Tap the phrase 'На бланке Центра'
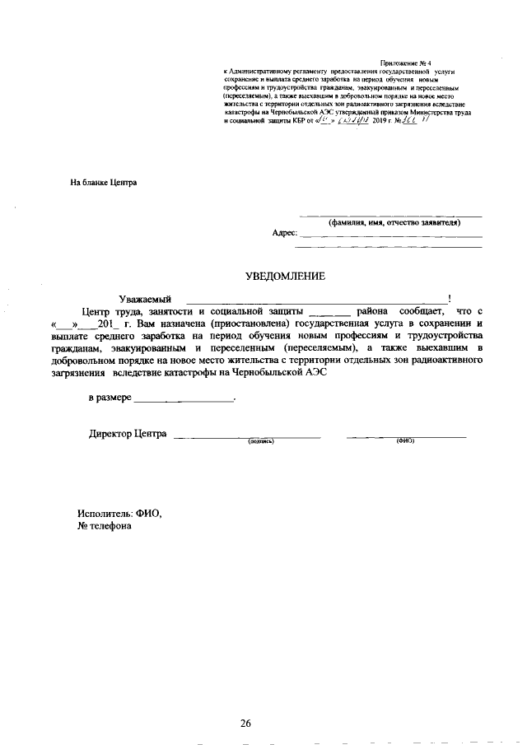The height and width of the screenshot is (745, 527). tap(103, 182)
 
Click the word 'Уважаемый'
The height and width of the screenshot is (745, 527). tap(145, 298)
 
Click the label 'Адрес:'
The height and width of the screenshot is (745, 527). tap(284, 233)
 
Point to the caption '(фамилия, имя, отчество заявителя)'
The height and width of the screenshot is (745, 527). tap(394, 222)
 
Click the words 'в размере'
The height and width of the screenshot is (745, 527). tap(110, 398)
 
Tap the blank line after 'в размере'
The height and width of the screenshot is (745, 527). tap(184, 401)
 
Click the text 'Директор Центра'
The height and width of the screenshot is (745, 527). tap(128, 434)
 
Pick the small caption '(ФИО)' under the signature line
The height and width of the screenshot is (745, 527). tap(405, 441)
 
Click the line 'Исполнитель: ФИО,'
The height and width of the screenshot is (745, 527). tap(119, 513)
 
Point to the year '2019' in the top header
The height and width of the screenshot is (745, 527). tap(380, 121)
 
